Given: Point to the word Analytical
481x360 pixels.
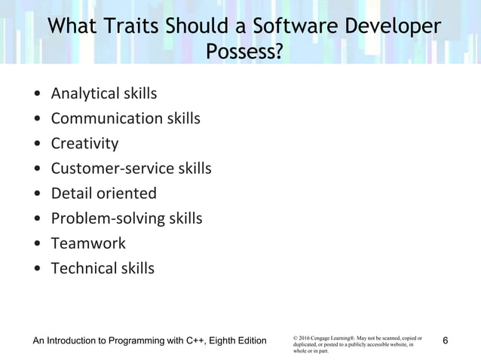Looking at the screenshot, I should tap(84, 94).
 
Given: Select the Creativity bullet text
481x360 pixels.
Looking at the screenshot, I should tap(84, 143).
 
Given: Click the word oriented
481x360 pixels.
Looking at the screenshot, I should tap(126, 193).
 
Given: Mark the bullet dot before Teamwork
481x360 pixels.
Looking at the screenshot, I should tap(38, 244).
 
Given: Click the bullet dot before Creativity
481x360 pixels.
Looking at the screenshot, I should tap(38, 144).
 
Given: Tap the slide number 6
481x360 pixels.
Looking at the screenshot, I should tap(446, 341).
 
